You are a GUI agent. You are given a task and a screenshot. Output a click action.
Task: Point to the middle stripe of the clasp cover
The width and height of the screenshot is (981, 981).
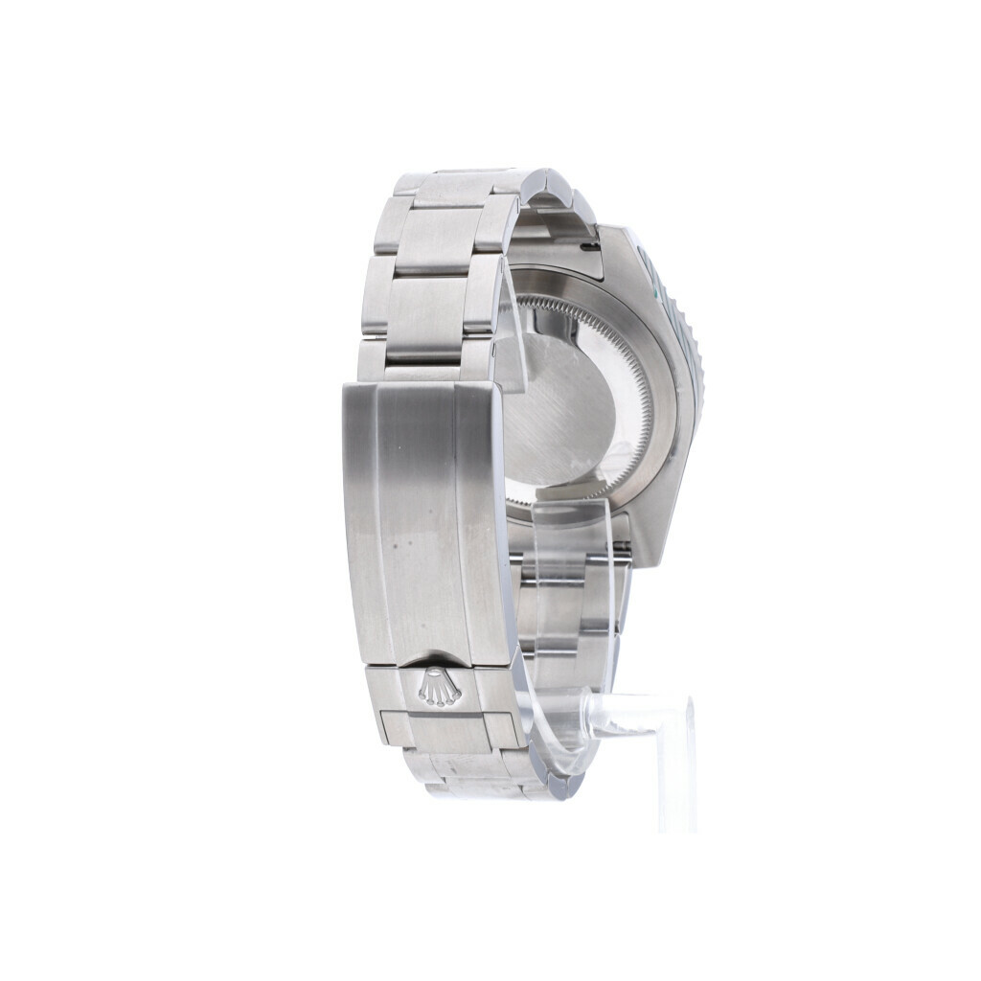click(422, 517)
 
